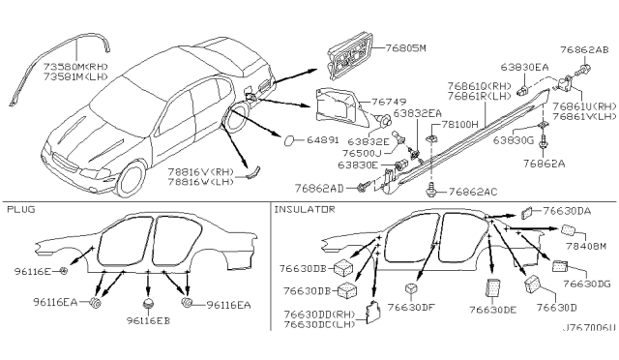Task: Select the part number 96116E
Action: coord(30,273)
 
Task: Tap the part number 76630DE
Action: coord(494,311)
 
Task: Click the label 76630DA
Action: coord(567,210)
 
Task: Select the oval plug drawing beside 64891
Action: coord(290,141)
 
